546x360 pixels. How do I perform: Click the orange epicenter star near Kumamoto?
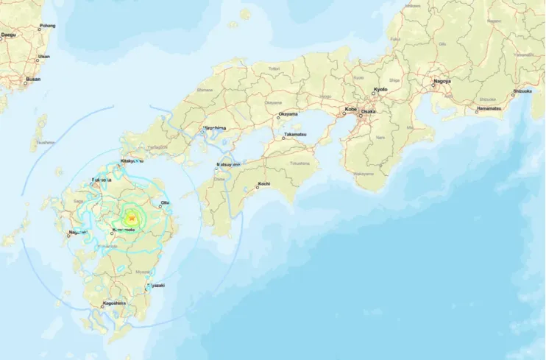(x=131, y=218)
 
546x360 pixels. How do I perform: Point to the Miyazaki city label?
(x=155, y=286)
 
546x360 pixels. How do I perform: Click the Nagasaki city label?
(x=77, y=233)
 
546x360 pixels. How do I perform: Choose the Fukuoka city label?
(x=102, y=180)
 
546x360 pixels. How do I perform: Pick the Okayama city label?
(x=288, y=115)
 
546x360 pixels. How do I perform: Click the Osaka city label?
(x=368, y=110)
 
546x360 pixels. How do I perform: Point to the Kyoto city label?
(x=380, y=89)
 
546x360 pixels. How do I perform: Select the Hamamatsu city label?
(x=489, y=108)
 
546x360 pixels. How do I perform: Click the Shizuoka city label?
(x=523, y=91)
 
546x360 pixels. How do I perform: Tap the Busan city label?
(x=33, y=78)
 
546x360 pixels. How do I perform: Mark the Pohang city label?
(x=47, y=26)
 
